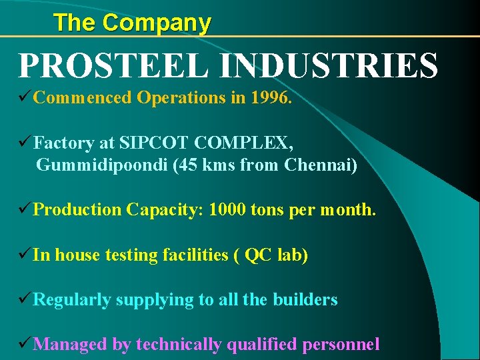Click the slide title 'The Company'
132,23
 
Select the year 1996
271,98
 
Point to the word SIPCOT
153,142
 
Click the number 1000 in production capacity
227,210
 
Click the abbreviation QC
257,255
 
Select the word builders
305,300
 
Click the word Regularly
72,300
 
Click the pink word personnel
341,345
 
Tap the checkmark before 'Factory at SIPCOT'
25,142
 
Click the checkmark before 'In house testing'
25,255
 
